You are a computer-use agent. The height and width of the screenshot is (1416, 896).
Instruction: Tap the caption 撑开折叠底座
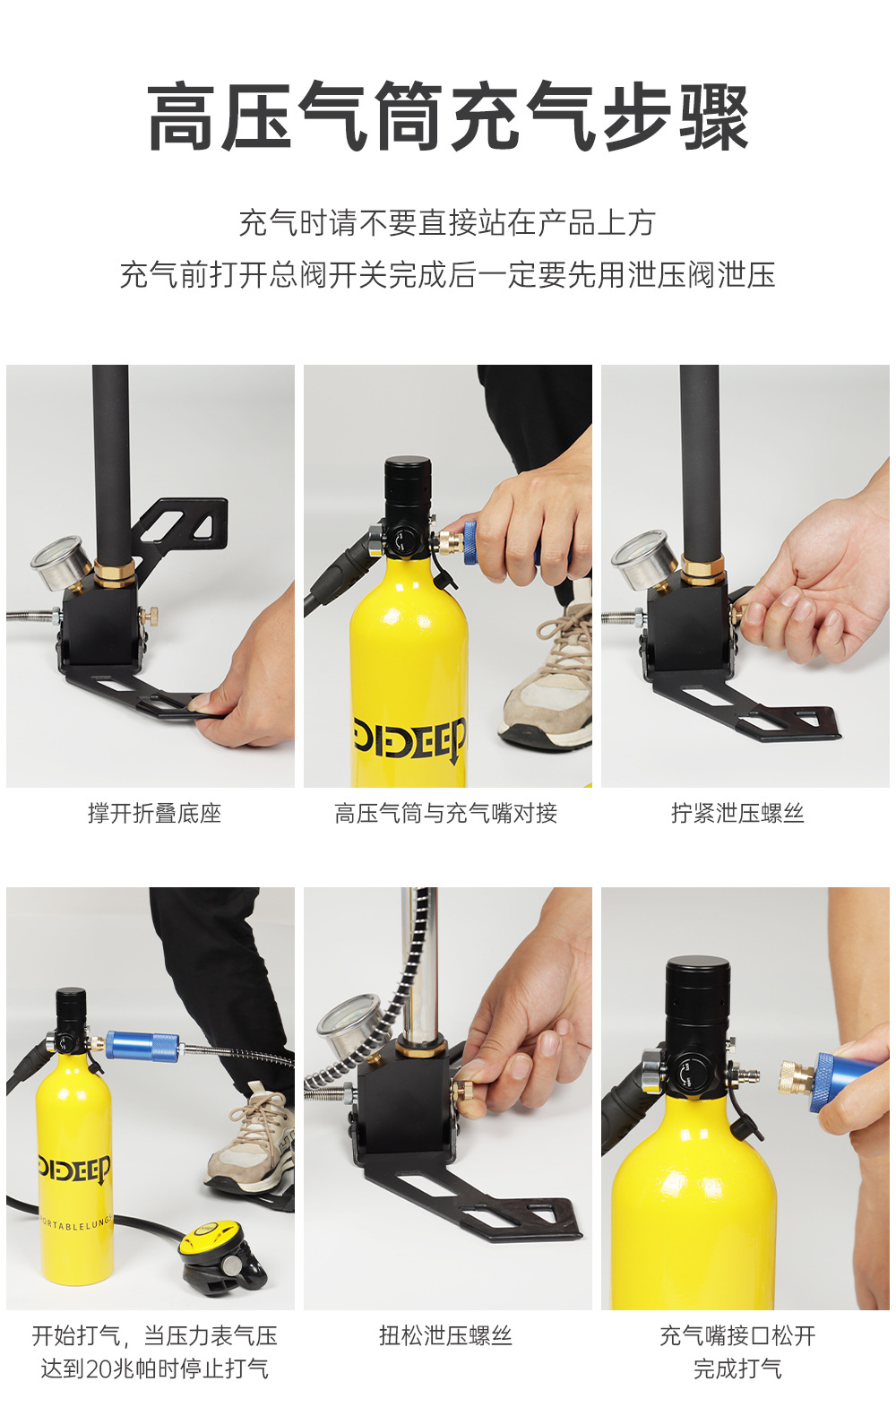tap(154, 813)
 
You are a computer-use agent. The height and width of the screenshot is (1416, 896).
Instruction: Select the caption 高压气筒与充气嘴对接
tap(445, 813)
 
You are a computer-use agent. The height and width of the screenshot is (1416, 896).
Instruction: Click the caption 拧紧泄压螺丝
tap(737, 813)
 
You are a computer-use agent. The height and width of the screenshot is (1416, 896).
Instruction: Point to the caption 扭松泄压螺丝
tap(445, 1335)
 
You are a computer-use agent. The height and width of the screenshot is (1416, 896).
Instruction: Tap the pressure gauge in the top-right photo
tap(642, 558)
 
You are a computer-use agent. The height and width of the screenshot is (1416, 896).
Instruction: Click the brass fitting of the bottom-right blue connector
tap(797, 1077)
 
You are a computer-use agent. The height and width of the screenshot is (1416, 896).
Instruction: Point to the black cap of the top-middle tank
tap(408, 488)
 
